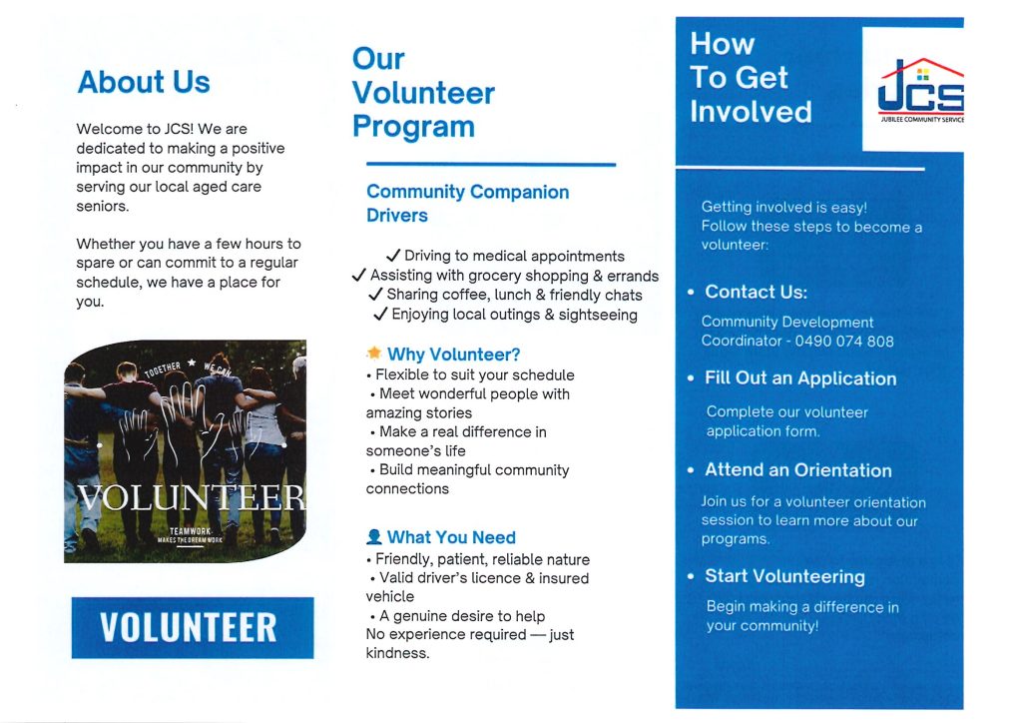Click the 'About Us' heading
144,82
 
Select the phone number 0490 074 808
843,341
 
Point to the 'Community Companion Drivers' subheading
467,203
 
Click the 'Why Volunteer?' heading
453,355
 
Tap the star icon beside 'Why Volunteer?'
374,354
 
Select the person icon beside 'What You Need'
374,537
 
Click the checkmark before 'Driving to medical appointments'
393,257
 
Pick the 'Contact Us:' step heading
756,292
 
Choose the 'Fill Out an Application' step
799,378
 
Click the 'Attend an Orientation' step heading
797,470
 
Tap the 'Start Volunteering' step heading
784,576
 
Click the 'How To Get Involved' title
751,78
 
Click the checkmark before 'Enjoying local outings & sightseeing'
380,315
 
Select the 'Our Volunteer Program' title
423,93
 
